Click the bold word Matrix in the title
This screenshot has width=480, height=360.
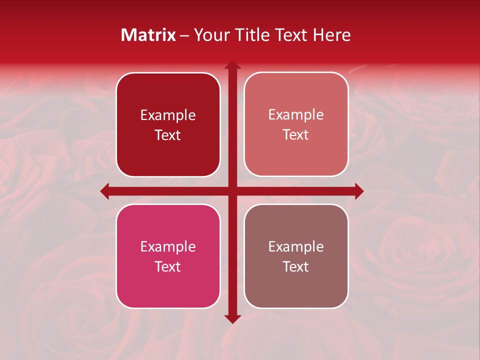[148, 35]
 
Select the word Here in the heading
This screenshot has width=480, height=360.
[331, 35]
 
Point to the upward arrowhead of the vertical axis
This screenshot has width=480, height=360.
[232, 65]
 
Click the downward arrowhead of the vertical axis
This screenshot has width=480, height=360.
[232, 318]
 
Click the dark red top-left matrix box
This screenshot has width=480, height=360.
[168, 124]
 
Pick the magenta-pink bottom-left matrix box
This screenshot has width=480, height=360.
[168, 256]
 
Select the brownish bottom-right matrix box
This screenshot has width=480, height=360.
[296, 256]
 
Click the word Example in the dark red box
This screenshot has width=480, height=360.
[168, 115]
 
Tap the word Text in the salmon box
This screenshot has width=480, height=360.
[296, 135]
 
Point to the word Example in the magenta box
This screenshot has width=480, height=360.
[168, 247]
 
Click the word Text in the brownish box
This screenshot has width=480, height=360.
[296, 266]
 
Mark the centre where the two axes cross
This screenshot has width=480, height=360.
[232, 191]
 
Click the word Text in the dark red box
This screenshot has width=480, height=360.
[168, 135]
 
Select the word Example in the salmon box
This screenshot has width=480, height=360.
[296, 115]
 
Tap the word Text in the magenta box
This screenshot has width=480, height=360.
[168, 266]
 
